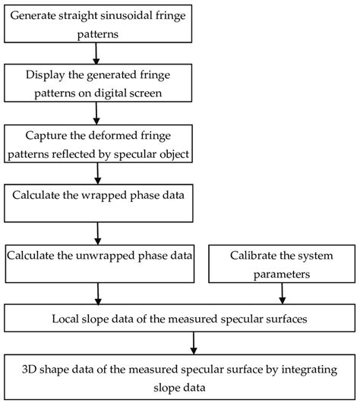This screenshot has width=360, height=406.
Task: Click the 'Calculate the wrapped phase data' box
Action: pos(97,201)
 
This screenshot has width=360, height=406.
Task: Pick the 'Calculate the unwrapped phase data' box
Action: pos(97,262)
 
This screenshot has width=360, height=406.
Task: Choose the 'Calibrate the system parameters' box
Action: pos(282,262)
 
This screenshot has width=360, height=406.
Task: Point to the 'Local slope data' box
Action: pos(179,319)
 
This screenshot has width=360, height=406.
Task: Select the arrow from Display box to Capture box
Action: pos(96,112)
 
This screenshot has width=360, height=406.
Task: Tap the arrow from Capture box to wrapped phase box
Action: pos(96,172)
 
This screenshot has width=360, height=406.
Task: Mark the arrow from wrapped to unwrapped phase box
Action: pos(96,231)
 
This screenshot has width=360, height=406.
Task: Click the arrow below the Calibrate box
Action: pos(282,291)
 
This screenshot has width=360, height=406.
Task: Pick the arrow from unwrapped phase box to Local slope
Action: pos(96,291)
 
